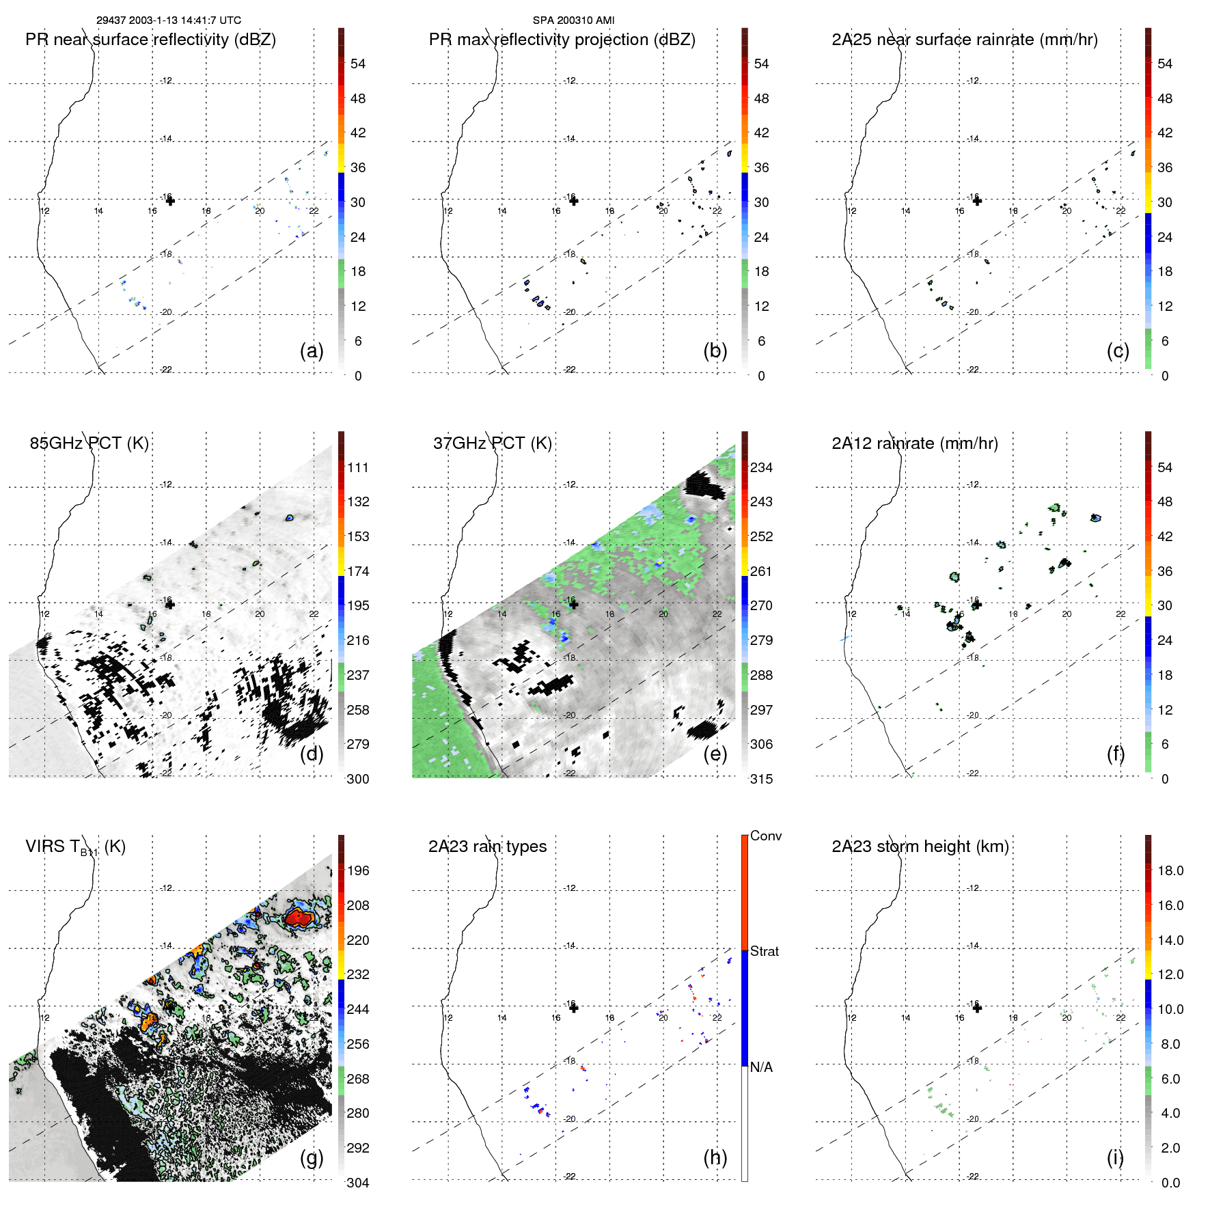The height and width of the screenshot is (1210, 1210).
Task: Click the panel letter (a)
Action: [x=312, y=350]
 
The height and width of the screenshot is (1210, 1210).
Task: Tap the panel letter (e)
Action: [x=715, y=754]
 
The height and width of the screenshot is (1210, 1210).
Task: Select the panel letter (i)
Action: [x=1115, y=1157]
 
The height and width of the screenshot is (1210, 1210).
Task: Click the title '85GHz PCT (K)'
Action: [x=89, y=443]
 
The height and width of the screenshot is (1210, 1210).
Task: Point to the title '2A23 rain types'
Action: [x=487, y=847]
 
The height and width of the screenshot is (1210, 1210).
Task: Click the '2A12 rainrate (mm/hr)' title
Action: [x=914, y=443]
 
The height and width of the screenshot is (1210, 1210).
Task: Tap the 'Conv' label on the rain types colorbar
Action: [x=765, y=836]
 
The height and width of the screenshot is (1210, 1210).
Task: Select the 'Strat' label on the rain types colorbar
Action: [x=764, y=951]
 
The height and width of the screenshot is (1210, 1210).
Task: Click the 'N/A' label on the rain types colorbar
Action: [x=761, y=1067]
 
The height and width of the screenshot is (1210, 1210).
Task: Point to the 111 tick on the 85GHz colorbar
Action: [x=358, y=467]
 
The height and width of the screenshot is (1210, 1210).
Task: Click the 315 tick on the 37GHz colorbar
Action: [x=761, y=779]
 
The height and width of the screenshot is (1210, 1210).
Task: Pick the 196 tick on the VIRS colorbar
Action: [x=358, y=870]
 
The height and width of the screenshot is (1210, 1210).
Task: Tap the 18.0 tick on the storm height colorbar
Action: [x=1170, y=870]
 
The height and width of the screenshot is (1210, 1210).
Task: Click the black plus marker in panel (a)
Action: [x=170, y=201]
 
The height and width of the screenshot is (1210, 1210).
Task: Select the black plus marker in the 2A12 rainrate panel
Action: [x=977, y=604]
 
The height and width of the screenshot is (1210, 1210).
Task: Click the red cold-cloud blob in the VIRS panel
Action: [x=299, y=918]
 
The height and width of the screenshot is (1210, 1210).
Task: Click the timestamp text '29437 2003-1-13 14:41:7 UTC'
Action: [x=168, y=20]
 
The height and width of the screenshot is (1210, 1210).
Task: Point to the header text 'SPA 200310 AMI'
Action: [x=573, y=20]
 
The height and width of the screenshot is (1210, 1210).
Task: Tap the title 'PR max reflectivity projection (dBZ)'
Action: [x=562, y=40]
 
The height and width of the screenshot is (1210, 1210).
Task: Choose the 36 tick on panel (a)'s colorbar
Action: [x=358, y=167]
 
